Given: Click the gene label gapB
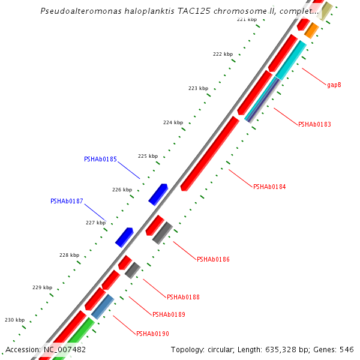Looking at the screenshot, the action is click(334, 85).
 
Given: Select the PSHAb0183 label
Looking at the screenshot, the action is click(314, 125).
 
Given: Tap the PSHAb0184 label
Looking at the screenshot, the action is click(269, 187).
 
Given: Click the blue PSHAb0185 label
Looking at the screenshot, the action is click(100, 160).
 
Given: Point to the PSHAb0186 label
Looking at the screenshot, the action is click(213, 260).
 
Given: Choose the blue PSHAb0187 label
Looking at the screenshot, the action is click(67, 202).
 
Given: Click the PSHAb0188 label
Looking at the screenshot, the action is click(184, 298).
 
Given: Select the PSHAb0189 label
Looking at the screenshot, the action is click(169, 315).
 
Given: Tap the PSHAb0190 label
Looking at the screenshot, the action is click(152, 334).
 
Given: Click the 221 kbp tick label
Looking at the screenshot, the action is click(247, 20).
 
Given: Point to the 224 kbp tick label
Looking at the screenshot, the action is click(173, 123).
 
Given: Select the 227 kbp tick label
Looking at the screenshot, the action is click(95, 223).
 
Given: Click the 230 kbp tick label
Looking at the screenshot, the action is click(15, 320).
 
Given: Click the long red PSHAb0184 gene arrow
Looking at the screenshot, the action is click(210, 153).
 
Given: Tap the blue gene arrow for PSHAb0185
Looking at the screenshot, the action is click(158, 194).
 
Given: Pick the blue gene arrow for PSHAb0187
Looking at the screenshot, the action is click(124, 237).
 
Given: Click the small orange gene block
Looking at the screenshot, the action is click(311, 30).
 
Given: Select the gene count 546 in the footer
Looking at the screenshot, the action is click(347, 350).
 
